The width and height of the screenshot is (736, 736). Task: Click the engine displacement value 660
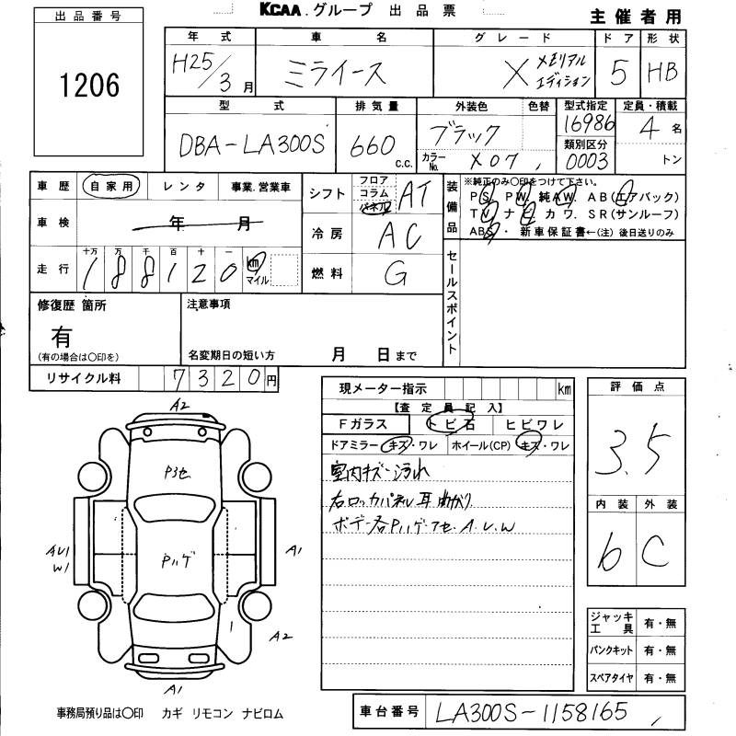(x=374, y=145)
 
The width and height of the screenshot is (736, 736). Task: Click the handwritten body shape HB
(x=662, y=71)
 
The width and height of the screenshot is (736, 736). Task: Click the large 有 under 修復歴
(x=62, y=335)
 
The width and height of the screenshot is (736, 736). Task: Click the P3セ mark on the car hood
(x=178, y=474)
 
